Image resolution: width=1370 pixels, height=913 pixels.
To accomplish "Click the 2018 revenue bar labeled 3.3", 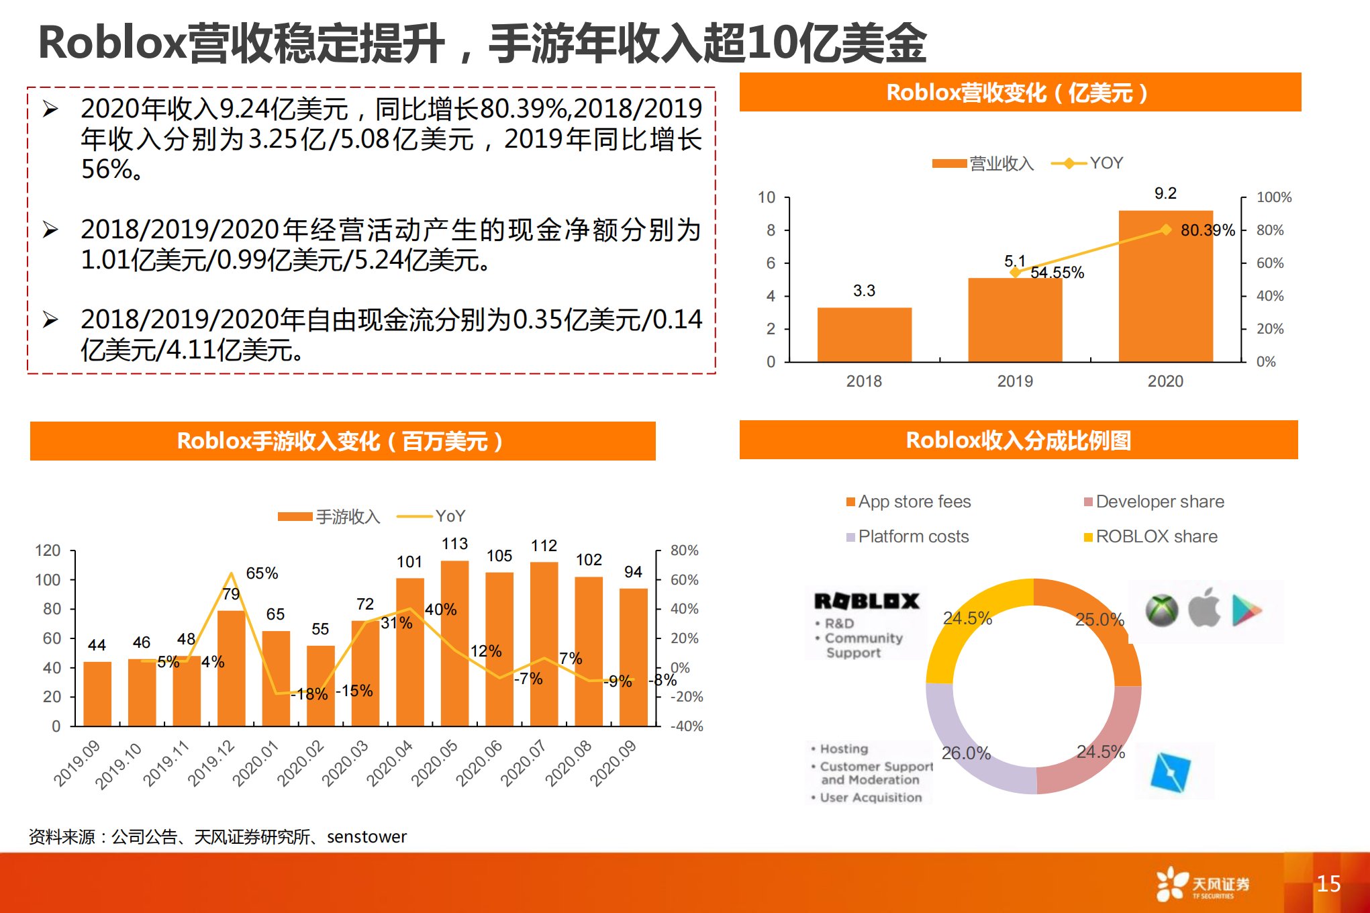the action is (x=864, y=334).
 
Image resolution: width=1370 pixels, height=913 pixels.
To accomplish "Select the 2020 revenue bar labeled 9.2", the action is (x=1165, y=286).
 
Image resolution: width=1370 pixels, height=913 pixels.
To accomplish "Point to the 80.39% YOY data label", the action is (x=1208, y=230).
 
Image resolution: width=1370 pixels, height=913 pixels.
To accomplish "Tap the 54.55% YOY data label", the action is (x=1057, y=273).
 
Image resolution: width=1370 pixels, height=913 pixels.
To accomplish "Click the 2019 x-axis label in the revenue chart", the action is (x=1015, y=381).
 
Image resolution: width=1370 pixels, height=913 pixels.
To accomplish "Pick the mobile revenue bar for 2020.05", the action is (x=454, y=643).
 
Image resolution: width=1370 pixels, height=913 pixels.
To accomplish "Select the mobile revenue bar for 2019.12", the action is (x=231, y=668).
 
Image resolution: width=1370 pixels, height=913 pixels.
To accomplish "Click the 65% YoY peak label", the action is (x=262, y=573).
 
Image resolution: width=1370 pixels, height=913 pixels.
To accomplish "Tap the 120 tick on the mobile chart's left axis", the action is (x=48, y=550).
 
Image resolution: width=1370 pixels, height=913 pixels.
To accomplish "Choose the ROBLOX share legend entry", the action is (x=1151, y=536).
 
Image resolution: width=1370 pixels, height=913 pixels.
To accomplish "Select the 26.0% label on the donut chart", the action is (x=966, y=753).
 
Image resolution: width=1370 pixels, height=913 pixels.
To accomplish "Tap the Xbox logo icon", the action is (x=1162, y=610).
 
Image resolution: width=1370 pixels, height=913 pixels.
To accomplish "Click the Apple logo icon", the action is (x=1204, y=608).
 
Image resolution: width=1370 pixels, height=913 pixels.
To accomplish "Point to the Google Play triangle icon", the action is (x=1246, y=610).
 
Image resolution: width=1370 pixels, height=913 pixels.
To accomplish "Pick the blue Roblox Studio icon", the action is (x=1171, y=772).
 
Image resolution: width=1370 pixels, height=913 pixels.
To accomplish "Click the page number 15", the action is (x=1328, y=883).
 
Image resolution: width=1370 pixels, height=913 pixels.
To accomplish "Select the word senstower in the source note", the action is (x=366, y=836).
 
